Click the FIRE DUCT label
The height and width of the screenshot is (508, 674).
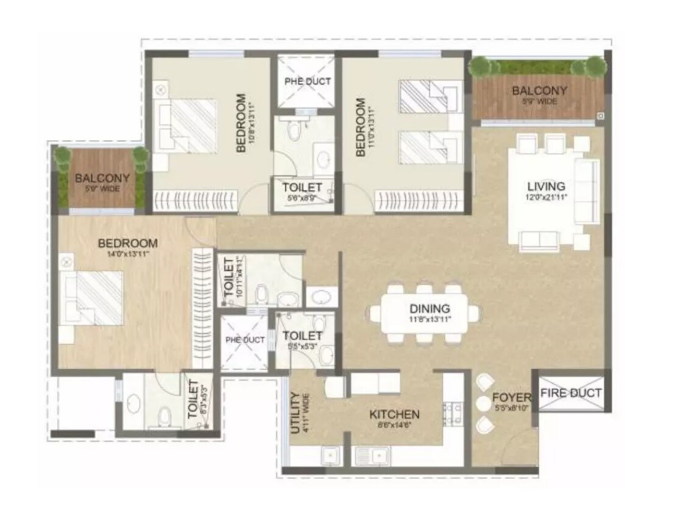click(570, 393)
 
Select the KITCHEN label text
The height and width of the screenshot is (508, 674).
click(394, 414)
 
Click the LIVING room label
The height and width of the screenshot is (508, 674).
click(546, 186)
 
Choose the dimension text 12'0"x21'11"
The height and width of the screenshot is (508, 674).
click(546, 197)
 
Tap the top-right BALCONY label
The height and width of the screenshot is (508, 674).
click(539, 91)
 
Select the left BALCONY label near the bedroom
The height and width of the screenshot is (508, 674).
click(102, 178)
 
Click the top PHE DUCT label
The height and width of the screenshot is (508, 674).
click(308, 81)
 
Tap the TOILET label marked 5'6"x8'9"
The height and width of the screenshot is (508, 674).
click(302, 187)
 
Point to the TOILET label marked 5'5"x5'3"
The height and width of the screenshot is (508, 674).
click(302, 336)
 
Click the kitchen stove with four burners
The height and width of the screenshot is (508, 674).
click(453, 414)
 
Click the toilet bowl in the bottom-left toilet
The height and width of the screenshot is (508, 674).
click(163, 417)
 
